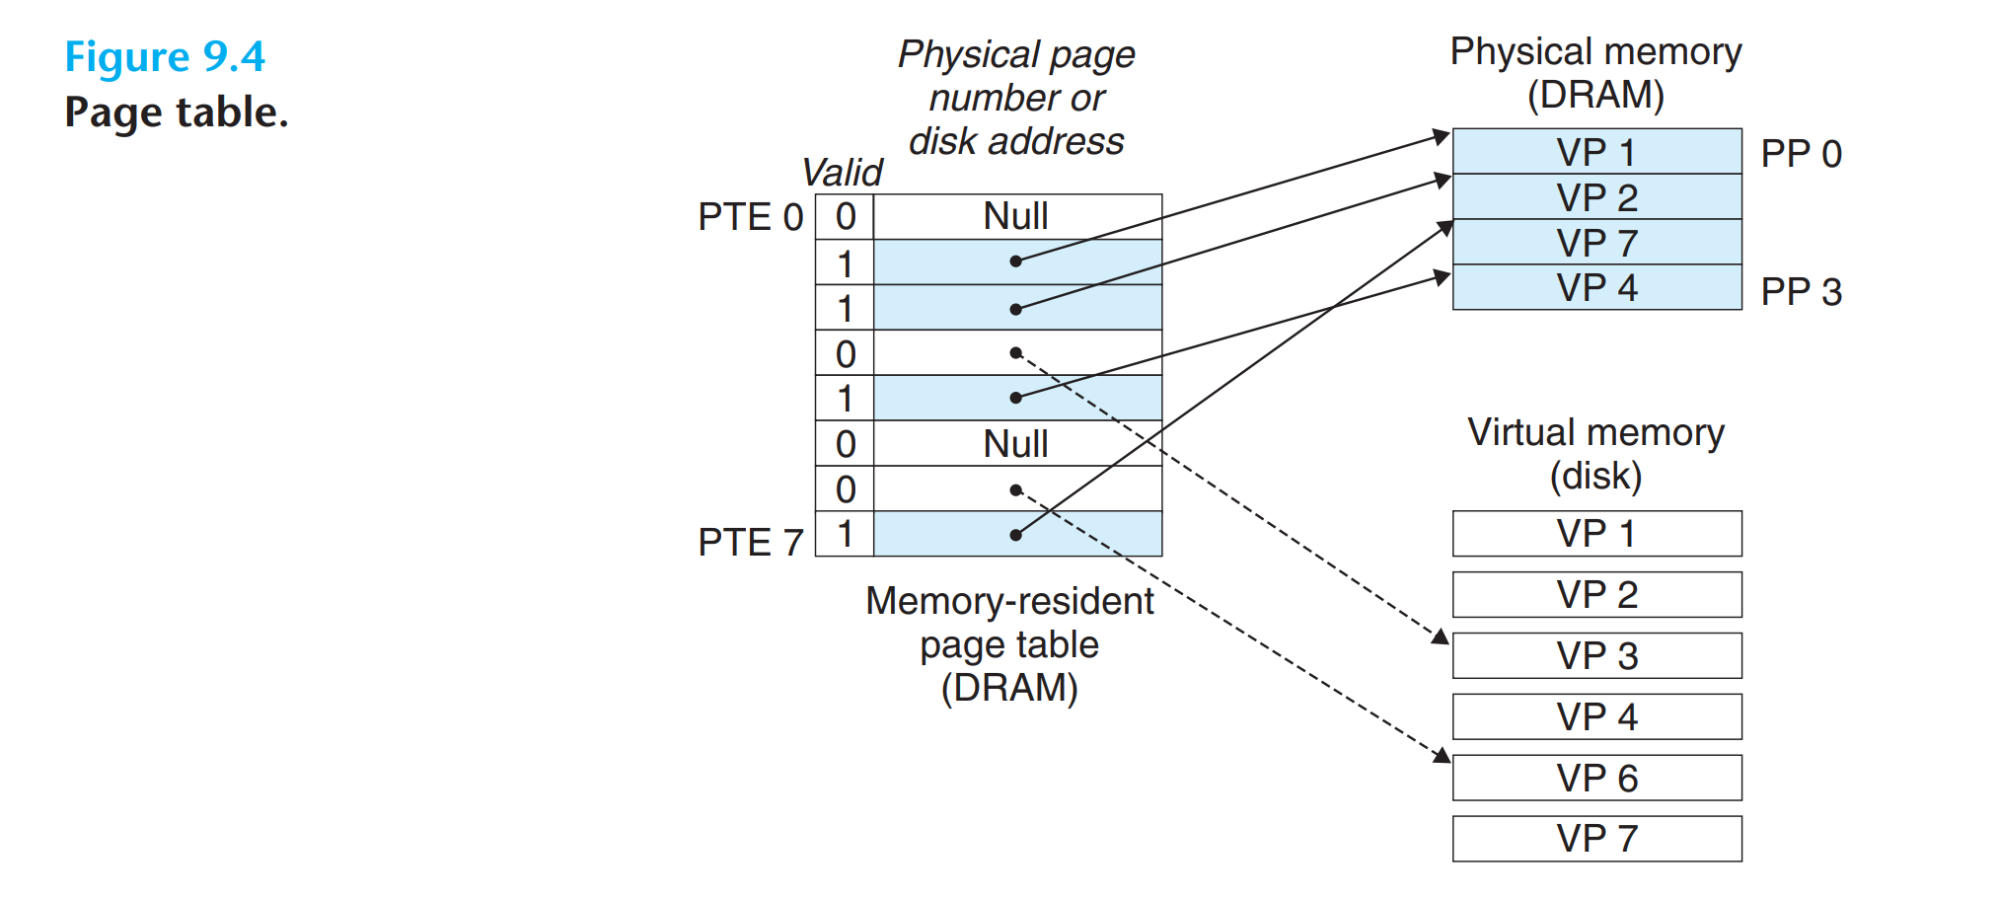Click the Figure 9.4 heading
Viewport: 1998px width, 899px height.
[x=165, y=56]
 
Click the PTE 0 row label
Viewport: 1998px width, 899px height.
[x=750, y=217]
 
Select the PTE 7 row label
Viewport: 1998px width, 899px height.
[x=750, y=542]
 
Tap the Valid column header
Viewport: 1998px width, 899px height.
[x=842, y=173]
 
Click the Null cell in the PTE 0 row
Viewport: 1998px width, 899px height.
[x=1016, y=216]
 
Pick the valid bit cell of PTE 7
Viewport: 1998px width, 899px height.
[x=845, y=534]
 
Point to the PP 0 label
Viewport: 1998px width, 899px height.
[x=1801, y=154]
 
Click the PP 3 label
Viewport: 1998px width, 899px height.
[x=1801, y=292]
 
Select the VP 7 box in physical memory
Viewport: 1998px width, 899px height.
[x=1596, y=243]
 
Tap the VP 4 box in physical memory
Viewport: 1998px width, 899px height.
[x=1596, y=288]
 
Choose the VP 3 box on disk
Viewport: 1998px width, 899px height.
[x=1596, y=656]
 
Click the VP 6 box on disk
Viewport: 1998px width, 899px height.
[x=1596, y=779]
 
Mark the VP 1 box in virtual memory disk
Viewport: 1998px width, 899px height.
[x=1596, y=534]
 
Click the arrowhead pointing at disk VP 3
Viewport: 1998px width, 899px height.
[x=1442, y=637]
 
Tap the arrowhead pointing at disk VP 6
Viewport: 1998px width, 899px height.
[x=1442, y=757]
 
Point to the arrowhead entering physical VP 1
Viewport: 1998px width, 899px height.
[x=1442, y=136]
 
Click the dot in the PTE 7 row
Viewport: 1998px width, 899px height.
[x=1015, y=535]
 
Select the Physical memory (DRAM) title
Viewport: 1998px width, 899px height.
[x=1595, y=73]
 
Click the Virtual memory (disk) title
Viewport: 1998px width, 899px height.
[x=1595, y=454]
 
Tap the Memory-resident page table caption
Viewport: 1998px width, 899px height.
[x=1009, y=644]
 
